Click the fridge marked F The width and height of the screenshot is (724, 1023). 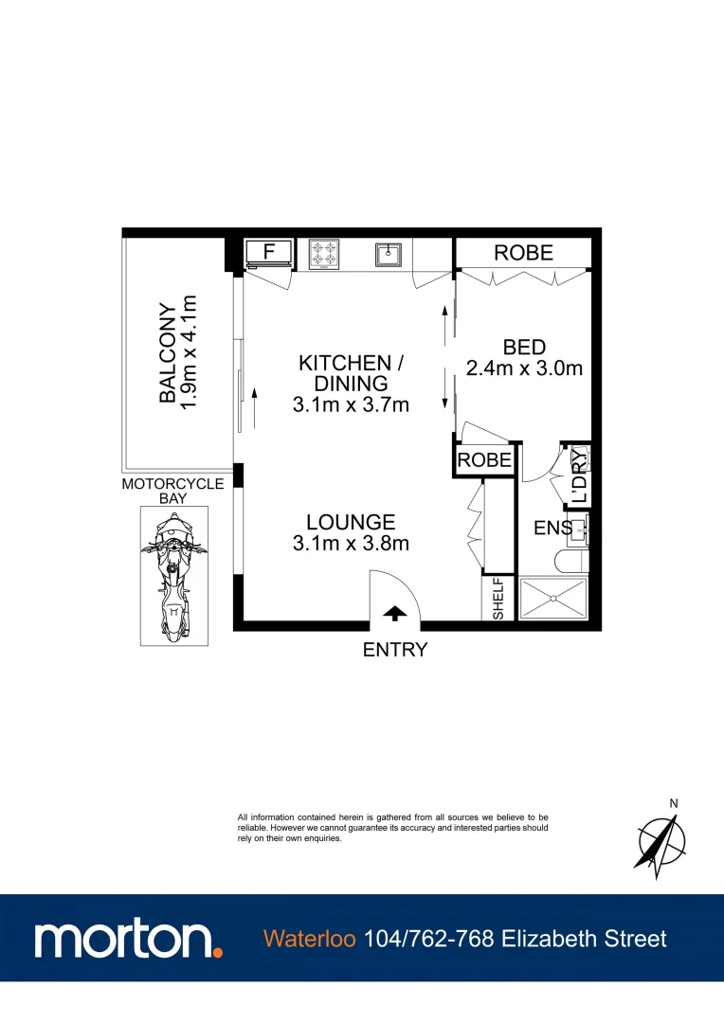[x=268, y=252]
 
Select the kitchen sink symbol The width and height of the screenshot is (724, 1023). [x=388, y=253]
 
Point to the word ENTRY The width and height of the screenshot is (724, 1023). [x=395, y=650]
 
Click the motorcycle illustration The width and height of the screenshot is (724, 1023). [x=173, y=575]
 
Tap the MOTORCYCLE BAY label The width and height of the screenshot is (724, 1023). [x=172, y=490]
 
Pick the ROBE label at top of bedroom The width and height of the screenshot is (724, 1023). [x=524, y=253]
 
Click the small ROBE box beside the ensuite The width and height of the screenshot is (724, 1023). [x=485, y=460]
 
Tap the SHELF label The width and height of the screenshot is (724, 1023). [x=498, y=599]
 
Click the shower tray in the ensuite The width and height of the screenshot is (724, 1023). [x=553, y=599]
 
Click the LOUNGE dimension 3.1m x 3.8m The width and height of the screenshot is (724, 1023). [x=351, y=544]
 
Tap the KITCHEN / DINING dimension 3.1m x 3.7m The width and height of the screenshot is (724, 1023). [x=351, y=405]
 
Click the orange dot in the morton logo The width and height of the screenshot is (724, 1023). [x=218, y=951]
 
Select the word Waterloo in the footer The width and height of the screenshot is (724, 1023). [x=310, y=939]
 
